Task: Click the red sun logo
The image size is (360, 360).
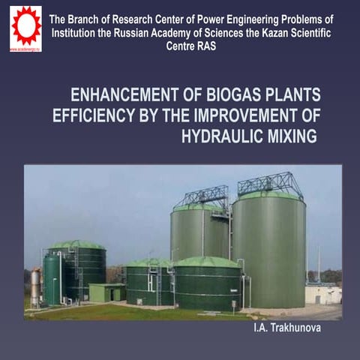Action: (25, 24)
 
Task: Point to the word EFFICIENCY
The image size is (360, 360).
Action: (93, 116)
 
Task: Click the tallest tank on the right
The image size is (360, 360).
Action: (268, 251)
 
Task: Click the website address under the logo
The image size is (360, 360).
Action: (25, 49)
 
